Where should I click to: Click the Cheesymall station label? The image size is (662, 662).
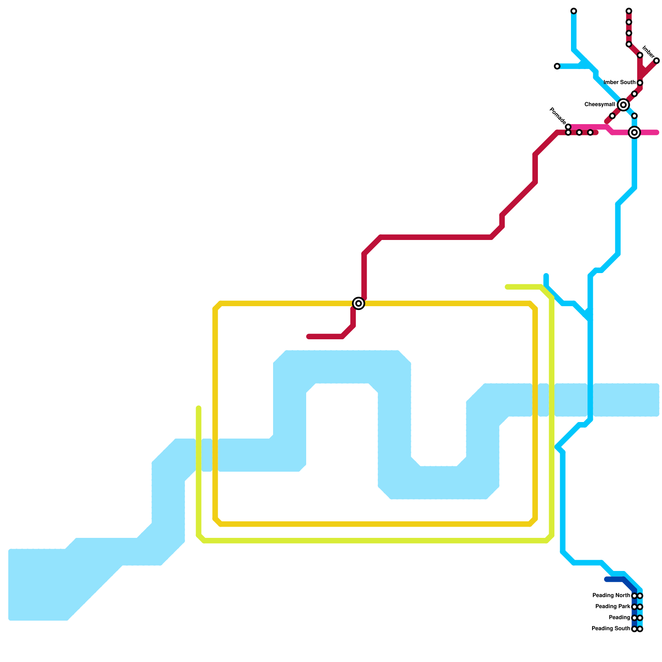600,105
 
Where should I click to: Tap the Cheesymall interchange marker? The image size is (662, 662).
623,105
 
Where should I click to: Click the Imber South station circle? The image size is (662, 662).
640,83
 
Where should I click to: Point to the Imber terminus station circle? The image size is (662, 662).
656,61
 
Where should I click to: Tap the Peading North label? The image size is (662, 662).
611,596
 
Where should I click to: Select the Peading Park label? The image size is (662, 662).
613,607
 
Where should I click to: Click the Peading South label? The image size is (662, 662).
611,629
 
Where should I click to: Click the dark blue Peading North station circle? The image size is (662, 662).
634,596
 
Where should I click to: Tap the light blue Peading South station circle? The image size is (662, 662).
640,629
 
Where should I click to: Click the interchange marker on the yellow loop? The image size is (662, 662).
359,303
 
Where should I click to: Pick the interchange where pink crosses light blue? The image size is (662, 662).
634,132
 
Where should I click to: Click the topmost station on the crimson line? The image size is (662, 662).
629,11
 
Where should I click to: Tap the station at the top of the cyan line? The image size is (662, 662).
573,11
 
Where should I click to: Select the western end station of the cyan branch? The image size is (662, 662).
557,66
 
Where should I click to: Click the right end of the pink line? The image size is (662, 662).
657,132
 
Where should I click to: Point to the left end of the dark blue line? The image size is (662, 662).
607,579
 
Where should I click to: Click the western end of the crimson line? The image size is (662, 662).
309,336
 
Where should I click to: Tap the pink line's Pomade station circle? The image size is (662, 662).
568,127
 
